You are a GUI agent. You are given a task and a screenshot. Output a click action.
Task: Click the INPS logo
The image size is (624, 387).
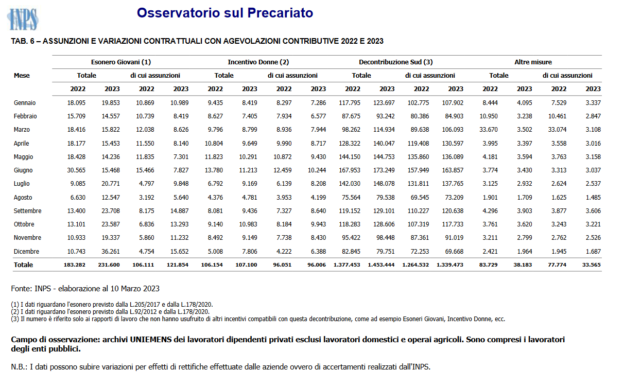(23, 19)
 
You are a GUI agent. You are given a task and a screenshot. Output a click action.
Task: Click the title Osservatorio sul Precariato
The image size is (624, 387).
(225, 13)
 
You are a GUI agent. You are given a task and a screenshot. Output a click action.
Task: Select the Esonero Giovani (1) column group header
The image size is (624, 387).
(121, 62)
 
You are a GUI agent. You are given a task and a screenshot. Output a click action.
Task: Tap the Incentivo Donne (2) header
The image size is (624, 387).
(258, 62)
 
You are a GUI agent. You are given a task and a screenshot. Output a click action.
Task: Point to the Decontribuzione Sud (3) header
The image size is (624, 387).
(395, 62)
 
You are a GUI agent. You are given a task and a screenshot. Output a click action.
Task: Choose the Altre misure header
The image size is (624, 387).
(533, 62)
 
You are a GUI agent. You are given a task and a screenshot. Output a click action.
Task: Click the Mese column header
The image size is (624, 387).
(22, 76)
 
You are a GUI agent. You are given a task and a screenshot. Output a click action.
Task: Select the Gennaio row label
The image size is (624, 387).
(25, 103)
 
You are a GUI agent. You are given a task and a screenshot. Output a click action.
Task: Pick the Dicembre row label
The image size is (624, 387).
(26, 252)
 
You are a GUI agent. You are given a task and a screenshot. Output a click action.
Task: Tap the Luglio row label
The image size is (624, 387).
(22, 184)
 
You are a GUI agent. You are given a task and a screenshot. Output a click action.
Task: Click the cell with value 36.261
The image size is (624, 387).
(111, 252)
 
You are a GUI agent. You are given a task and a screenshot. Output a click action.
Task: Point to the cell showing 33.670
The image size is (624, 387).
(488, 130)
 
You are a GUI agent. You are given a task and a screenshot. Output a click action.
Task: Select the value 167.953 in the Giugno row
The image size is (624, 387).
(350, 170)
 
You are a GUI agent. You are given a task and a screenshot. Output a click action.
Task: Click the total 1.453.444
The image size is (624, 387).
(381, 265)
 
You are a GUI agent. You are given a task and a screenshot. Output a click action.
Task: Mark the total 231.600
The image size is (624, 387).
(109, 265)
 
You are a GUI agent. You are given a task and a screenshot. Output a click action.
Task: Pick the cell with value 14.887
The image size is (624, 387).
(179, 211)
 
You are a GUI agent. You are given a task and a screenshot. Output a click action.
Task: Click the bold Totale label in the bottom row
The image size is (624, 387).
(23, 265)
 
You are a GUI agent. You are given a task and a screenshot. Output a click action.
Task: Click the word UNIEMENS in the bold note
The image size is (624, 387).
(151, 340)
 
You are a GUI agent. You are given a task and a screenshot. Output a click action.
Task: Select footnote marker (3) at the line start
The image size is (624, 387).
(15, 319)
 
